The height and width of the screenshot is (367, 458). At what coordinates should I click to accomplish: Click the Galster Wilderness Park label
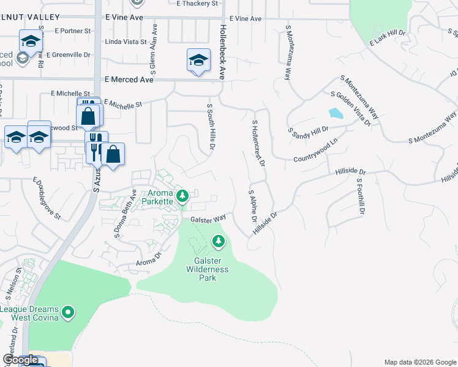(208, 269)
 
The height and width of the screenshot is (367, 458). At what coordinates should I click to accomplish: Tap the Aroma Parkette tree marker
(182, 196)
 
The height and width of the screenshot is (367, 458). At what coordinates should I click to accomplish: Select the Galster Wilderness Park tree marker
(219, 242)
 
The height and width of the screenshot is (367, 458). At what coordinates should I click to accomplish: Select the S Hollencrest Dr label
(257, 144)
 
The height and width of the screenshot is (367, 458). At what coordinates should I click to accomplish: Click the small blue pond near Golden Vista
(336, 113)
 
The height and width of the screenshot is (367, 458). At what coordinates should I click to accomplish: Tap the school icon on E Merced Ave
(198, 60)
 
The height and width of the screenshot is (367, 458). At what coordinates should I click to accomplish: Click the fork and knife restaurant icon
(96, 147)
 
